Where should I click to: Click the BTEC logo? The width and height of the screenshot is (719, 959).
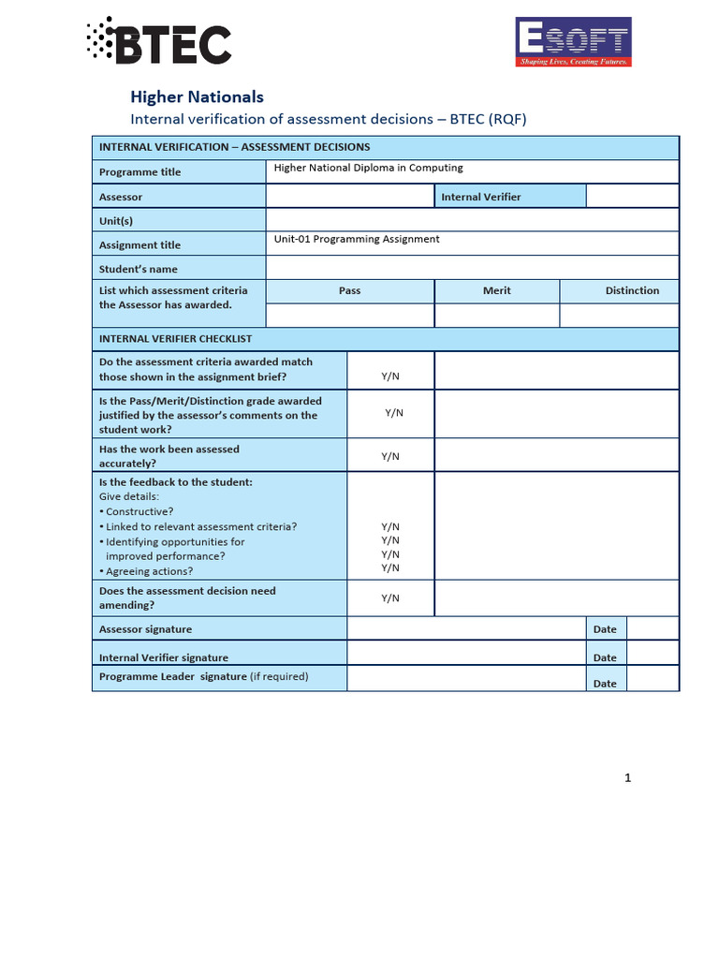pyautogui.click(x=158, y=41)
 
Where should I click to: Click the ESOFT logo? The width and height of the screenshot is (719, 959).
pyautogui.click(x=573, y=42)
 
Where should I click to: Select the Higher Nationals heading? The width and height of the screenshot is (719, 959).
pyautogui.click(x=197, y=96)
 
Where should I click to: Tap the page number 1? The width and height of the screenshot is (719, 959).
pyautogui.click(x=628, y=777)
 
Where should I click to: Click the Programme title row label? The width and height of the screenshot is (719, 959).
pyautogui.click(x=140, y=172)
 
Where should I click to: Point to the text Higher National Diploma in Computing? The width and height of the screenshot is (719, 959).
pyautogui.click(x=368, y=169)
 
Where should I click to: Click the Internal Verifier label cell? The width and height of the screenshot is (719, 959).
pyautogui.click(x=481, y=197)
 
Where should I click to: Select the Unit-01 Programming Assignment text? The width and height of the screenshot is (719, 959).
pyautogui.click(x=357, y=239)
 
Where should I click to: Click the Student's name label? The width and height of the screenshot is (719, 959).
pyautogui.click(x=139, y=270)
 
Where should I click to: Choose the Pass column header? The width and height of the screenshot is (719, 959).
pyautogui.click(x=349, y=290)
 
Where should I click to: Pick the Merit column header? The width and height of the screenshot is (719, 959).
pyautogui.click(x=496, y=290)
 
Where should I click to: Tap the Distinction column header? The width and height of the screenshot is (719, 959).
pyautogui.click(x=632, y=290)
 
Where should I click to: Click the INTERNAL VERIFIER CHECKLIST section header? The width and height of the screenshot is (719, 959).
pyautogui.click(x=176, y=339)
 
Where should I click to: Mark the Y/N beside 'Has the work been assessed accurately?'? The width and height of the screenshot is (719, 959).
pyautogui.click(x=390, y=456)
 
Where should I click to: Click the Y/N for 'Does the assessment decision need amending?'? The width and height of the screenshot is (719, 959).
pyautogui.click(x=390, y=598)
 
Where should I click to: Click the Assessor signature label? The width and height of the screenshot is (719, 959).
pyautogui.click(x=146, y=629)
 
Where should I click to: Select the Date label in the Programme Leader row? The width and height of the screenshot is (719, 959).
pyautogui.click(x=605, y=684)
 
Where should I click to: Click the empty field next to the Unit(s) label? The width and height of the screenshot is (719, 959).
pyautogui.click(x=472, y=219)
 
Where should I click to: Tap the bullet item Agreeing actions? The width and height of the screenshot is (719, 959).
pyautogui.click(x=147, y=571)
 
